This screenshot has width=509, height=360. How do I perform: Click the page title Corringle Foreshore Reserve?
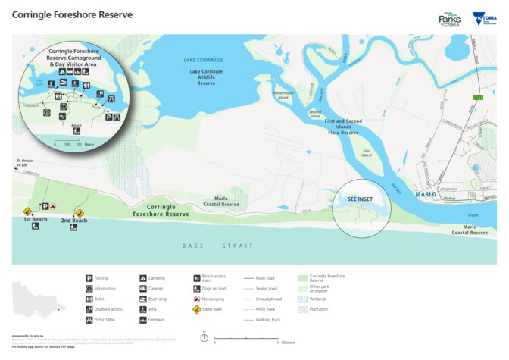pos(72,15)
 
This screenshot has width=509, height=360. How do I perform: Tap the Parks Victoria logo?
pos(450,19)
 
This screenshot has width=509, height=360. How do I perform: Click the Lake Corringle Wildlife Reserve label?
pos(206,77)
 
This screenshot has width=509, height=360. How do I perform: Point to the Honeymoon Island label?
pos(282,95)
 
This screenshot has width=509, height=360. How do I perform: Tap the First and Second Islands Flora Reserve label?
pos(342,127)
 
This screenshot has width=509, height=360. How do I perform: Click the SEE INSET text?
pos(360,199)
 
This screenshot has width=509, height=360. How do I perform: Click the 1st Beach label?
pos(35,219)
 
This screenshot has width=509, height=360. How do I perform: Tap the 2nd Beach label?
pos(73,221)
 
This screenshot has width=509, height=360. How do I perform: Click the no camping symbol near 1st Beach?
pos(53,206)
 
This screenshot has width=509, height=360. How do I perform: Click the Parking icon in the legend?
pos(89,278)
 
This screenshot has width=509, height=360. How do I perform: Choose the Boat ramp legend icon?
pos(143,299)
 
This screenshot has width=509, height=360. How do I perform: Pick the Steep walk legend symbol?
pos(196,309)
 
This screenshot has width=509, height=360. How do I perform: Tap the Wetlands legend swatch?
pos(303,299)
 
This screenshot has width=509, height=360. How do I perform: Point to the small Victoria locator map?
pos(34,296)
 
